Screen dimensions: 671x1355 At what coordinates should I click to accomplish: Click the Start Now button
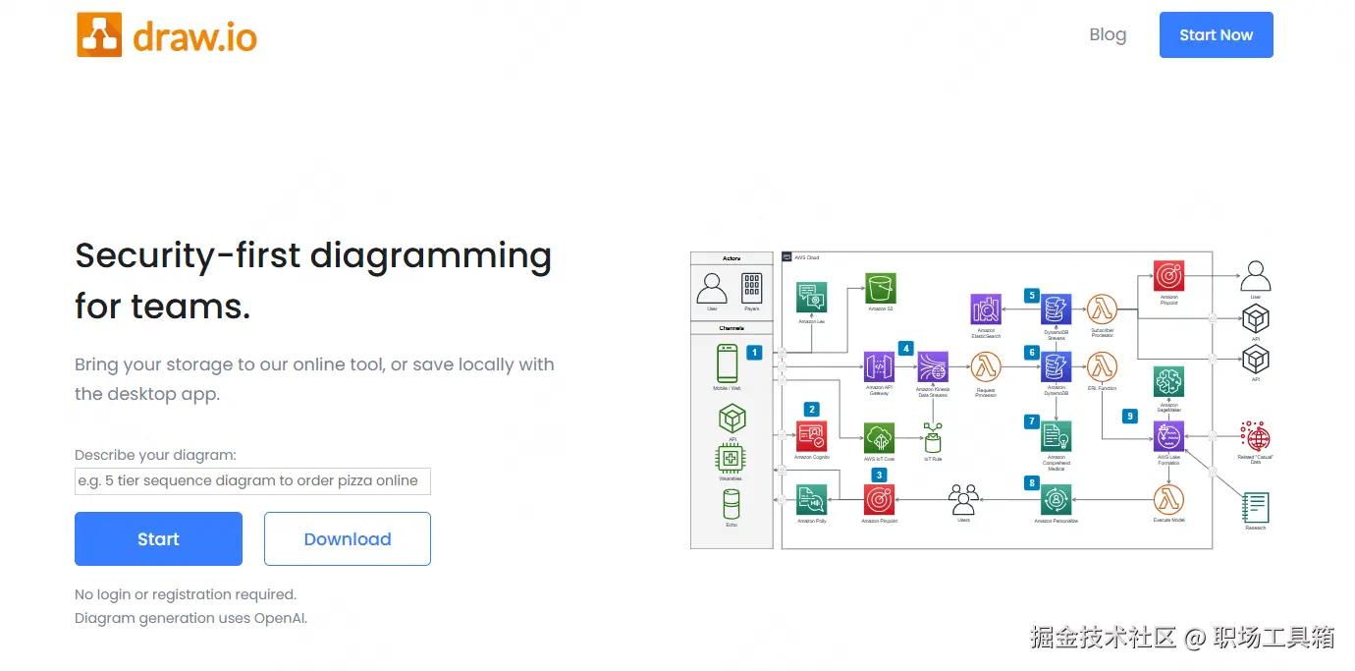(1216, 35)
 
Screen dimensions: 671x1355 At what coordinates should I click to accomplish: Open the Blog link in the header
(1108, 35)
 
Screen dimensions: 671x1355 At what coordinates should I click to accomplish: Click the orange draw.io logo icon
(99, 35)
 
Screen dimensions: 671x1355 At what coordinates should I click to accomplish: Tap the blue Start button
(158, 538)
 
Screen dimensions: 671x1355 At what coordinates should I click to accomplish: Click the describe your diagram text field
(252, 481)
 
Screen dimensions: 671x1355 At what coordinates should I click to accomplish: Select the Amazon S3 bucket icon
(881, 289)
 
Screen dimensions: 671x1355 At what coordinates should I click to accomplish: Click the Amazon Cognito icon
(811, 435)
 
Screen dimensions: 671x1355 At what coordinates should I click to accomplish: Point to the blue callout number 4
(905, 348)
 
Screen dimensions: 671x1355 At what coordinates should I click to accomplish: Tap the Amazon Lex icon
(811, 298)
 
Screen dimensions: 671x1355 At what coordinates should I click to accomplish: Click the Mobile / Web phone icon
(727, 363)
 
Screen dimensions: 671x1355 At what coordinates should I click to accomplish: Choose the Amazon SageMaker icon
(1168, 381)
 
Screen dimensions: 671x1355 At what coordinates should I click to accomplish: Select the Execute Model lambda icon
(1168, 499)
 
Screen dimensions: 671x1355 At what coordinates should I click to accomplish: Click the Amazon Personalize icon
(1057, 499)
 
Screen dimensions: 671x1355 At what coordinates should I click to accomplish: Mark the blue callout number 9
(1130, 416)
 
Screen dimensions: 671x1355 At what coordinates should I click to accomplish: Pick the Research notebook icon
(1255, 507)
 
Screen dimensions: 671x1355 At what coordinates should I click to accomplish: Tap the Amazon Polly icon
(811, 499)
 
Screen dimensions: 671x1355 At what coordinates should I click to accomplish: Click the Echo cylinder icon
(732, 504)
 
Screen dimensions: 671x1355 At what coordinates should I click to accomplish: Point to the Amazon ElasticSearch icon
(986, 309)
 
